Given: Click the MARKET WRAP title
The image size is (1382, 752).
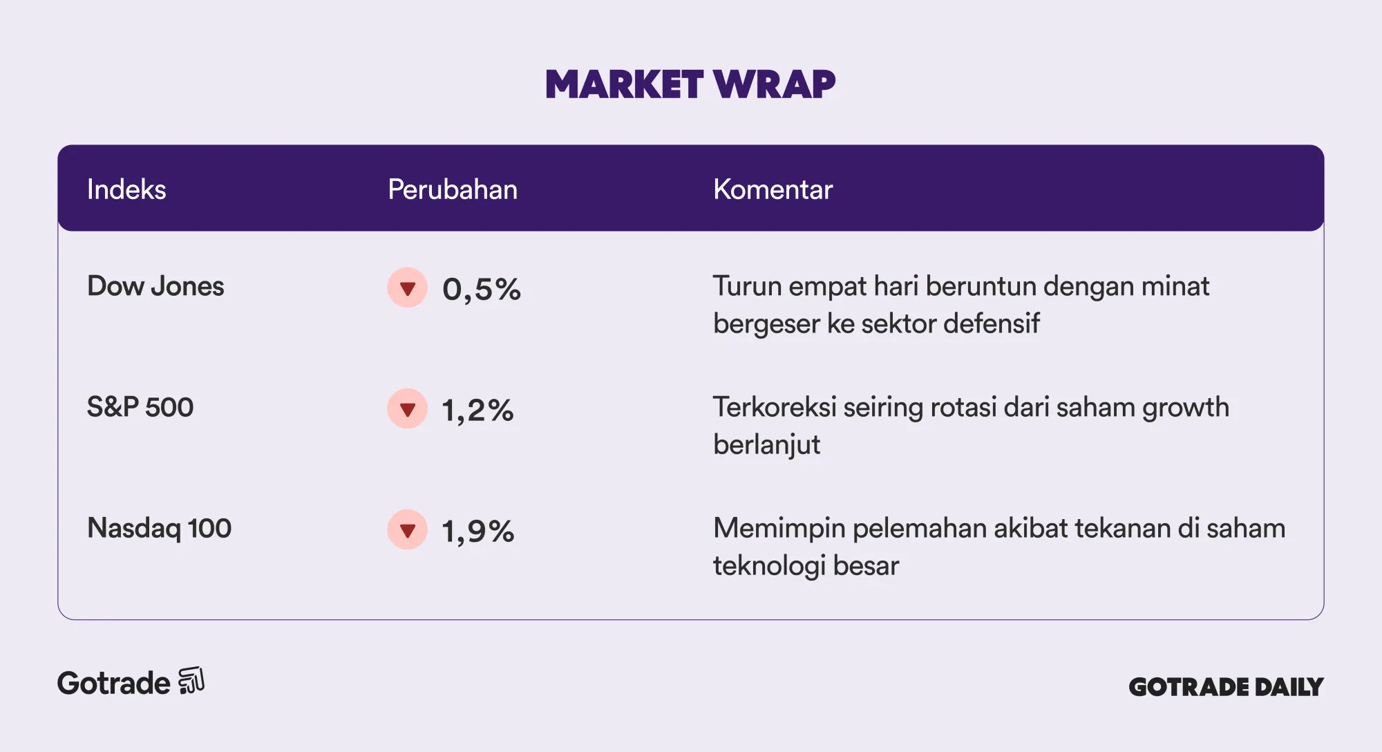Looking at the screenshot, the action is (x=690, y=84).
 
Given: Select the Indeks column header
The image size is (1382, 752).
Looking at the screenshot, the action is (x=126, y=189).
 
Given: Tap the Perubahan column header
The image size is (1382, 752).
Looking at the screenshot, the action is (x=453, y=189).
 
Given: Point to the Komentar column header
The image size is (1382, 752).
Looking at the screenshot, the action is (x=773, y=189).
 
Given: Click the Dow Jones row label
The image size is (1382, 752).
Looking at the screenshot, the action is (x=155, y=286).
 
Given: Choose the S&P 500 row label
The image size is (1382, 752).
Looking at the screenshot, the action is (x=140, y=407).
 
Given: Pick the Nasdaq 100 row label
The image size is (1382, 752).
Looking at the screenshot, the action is (x=159, y=528).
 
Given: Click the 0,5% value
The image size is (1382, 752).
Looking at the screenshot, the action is (x=482, y=290).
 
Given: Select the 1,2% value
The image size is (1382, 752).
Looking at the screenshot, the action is (x=478, y=411).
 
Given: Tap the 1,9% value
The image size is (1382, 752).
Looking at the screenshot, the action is (x=478, y=532).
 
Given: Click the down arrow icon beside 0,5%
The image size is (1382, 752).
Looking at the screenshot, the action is (x=408, y=288).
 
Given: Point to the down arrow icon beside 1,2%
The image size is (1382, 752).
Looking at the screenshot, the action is (x=408, y=408).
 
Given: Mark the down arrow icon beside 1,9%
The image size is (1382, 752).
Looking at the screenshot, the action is (x=408, y=529).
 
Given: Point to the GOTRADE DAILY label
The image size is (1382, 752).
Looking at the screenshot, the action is (x=1226, y=687).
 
